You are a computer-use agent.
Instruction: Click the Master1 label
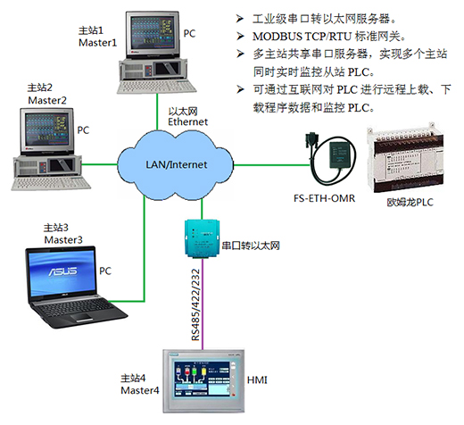tap(97, 43)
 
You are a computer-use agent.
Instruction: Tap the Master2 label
tap(47, 100)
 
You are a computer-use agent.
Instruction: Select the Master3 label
tap(63, 239)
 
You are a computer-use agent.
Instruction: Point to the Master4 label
tap(140, 390)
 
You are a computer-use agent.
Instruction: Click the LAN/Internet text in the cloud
tap(176, 164)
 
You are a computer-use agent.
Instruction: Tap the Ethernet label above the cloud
tap(187, 121)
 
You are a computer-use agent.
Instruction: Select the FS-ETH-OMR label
tap(324, 198)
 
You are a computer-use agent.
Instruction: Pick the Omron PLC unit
tap(405, 159)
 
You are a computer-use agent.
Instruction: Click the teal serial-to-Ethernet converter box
tap(203, 238)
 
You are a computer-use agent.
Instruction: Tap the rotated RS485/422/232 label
tap(195, 304)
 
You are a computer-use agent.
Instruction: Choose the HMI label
tap(257, 380)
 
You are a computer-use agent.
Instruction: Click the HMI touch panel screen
tap(202, 379)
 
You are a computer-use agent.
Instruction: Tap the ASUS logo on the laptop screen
tap(63, 271)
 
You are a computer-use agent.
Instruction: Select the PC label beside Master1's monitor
tap(189, 33)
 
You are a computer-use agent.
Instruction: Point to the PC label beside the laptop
tap(105, 271)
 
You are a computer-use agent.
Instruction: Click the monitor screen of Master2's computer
tap(46, 129)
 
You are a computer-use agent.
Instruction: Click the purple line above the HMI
tap(203, 304)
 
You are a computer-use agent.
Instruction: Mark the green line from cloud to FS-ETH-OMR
tap(271, 164)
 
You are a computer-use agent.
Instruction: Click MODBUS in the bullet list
tap(278, 37)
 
